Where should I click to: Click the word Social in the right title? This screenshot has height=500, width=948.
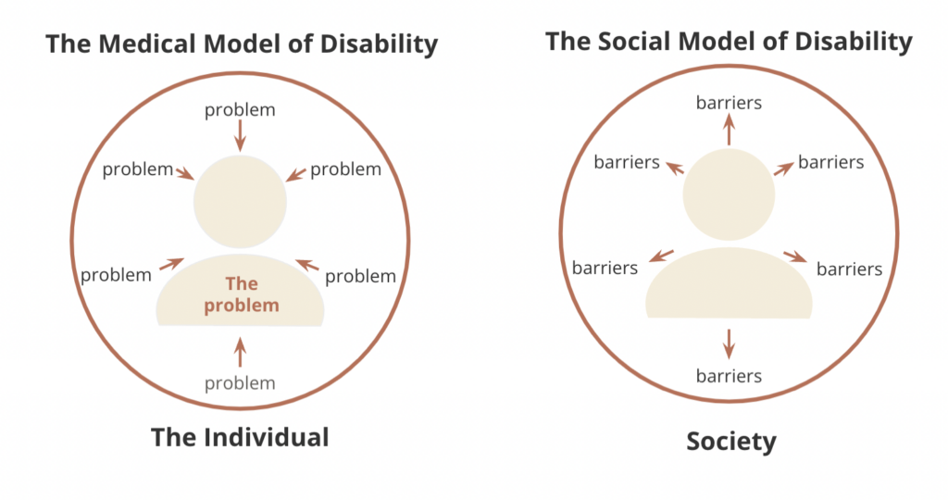tap(640, 42)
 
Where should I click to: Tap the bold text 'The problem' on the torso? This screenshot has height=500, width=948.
tap(242, 294)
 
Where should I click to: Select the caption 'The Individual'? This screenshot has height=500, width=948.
tap(240, 437)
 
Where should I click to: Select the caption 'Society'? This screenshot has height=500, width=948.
tap(731, 442)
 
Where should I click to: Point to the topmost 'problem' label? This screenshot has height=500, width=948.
tap(240, 110)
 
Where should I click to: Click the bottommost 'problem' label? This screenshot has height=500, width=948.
tap(240, 383)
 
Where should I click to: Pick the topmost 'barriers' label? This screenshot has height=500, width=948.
tap(729, 103)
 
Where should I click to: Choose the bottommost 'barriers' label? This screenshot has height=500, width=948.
tap(729, 376)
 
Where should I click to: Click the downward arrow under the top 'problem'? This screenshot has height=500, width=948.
tap(240, 135)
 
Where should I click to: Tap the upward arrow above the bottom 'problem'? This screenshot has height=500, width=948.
tap(240, 353)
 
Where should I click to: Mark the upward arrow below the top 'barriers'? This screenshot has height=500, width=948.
tap(730, 130)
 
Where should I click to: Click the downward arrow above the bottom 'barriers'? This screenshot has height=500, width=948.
tap(730, 344)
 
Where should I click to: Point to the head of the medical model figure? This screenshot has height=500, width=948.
tap(240, 201)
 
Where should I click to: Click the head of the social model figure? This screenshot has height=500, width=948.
tap(730, 194)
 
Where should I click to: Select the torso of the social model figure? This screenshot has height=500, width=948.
tap(730, 283)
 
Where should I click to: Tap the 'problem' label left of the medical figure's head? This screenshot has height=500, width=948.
tap(138, 169)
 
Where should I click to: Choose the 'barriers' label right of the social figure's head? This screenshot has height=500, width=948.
tap(831, 162)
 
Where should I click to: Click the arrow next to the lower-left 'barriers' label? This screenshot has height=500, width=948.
tap(661, 256)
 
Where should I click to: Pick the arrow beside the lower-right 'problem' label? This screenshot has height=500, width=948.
tap(307, 264)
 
